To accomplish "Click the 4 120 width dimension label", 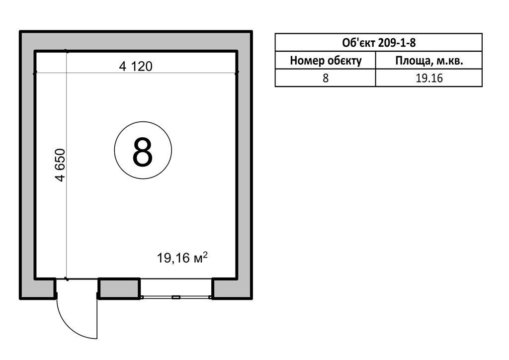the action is click(x=136, y=66).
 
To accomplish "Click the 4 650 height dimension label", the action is click(x=60, y=165).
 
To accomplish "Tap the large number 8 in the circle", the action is click(x=143, y=152).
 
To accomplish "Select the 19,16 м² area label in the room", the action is click(x=182, y=258).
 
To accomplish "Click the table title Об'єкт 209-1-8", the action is click(x=378, y=43).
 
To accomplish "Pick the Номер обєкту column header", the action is click(x=326, y=60).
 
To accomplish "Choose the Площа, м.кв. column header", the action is click(x=429, y=60).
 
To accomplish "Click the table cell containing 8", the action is click(x=326, y=78).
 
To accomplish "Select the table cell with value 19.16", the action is click(x=429, y=78).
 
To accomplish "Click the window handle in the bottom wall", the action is click(x=175, y=297).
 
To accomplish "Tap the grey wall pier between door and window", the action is click(x=119, y=288).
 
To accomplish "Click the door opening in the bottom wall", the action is click(x=77, y=288).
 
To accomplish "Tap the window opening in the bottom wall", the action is click(x=176, y=288).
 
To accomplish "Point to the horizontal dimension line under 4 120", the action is click(x=136, y=73).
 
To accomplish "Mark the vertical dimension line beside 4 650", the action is click(x=67, y=165).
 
